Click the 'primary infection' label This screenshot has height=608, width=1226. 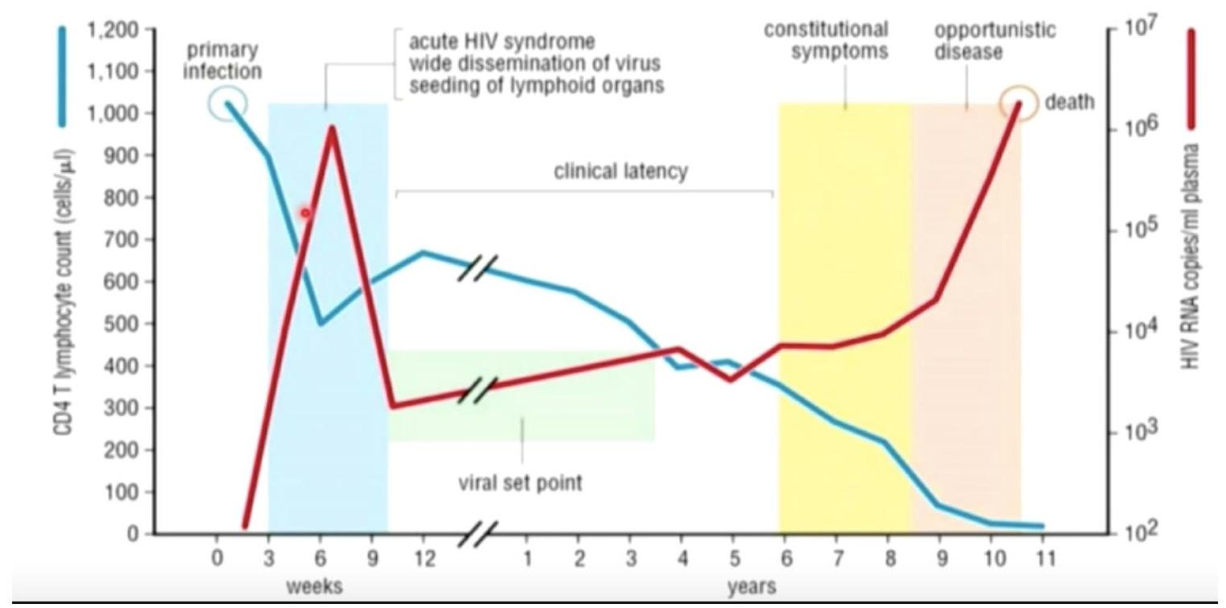coord(223,60)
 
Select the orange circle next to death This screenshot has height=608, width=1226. coord(1019,104)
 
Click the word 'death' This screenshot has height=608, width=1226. coord(1069,102)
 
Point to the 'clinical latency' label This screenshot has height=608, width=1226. coord(620,171)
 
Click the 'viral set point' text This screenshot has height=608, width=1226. coord(520,484)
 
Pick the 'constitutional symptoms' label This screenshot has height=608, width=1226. coord(827,40)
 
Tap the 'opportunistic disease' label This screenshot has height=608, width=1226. coord(995,40)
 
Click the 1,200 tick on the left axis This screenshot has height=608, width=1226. coord(121,30)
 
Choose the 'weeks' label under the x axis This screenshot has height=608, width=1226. coord(314,586)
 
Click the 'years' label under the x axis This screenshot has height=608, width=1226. coord(752,586)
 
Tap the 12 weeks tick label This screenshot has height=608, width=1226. coord(423,558)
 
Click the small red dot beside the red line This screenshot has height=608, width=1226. coord(305,213)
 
